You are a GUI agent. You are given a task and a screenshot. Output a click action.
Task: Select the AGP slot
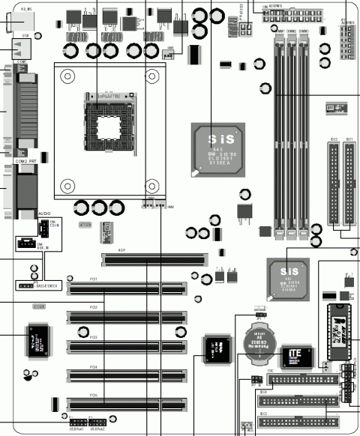[x=154, y=260]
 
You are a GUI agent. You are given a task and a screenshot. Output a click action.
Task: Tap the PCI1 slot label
[x=93, y=278]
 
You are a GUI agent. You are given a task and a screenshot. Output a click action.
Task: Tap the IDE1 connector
[x=349, y=184]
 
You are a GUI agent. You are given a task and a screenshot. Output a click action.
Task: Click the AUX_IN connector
[x=26, y=243]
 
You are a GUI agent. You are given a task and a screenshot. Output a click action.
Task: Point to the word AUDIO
[x=43, y=213]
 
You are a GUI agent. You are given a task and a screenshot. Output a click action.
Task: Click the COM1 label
[x=22, y=62]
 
